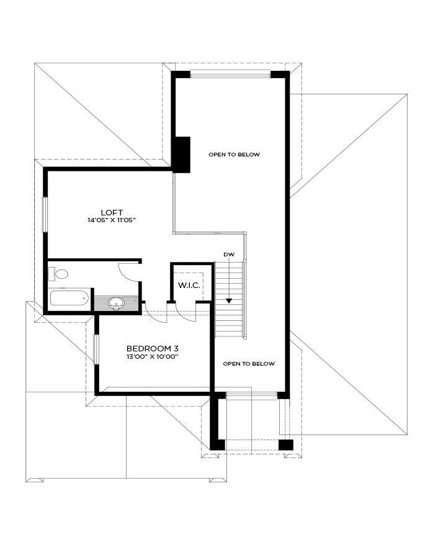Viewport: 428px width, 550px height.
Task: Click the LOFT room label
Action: tap(112, 212)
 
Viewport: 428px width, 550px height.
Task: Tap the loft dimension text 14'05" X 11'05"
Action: tap(112, 220)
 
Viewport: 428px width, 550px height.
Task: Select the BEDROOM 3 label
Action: tap(153, 349)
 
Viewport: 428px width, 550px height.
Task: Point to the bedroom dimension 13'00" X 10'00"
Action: tap(153, 357)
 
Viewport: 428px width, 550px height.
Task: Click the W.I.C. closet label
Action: tap(189, 285)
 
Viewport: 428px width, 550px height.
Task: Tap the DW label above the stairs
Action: tap(230, 255)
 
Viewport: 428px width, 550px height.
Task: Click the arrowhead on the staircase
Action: tap(229, 300)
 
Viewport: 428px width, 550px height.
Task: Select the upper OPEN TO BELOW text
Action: tap(234, 155)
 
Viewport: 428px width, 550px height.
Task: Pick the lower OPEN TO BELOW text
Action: tap(249, 364)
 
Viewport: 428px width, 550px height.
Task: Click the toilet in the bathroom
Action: tap(58, 274)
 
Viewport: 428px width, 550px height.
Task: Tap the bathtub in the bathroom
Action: tap(69, 298)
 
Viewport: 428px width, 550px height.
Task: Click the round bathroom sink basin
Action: tap(115, 302)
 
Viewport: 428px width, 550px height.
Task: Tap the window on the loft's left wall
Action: tap(45, 214)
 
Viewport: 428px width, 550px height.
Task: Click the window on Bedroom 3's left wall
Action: tap(96, 349)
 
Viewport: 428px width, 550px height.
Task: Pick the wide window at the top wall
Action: tap(230, 74)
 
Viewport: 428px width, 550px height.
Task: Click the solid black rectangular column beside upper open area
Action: tap(182, 155)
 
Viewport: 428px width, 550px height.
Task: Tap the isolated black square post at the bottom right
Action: tap(286, 444)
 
